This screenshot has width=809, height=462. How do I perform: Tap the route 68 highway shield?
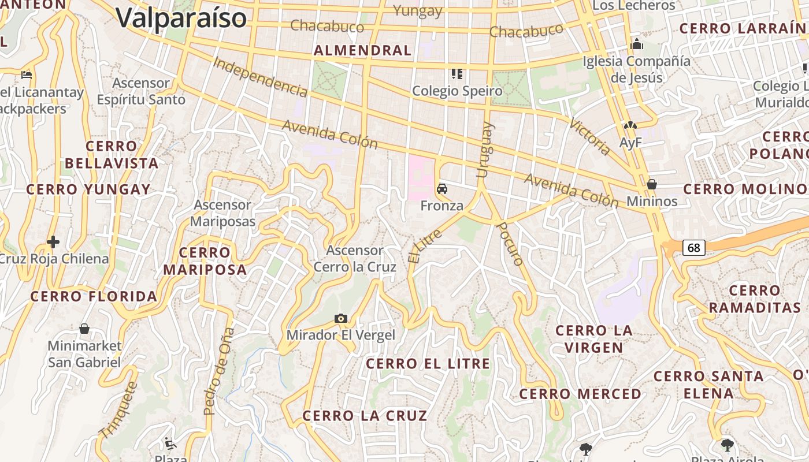pyautogui.click(x=694, y=248)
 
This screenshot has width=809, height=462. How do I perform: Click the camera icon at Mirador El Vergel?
pyautogui.click(x=341, y=318)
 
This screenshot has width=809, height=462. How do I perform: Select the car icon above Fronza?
pyautogui.click(x=442, y=189)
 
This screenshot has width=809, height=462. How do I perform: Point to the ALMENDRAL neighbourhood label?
pyautogui.click(x=362, y=50)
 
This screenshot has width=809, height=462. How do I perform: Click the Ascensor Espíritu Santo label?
pyautogui.click(x=141, y=91)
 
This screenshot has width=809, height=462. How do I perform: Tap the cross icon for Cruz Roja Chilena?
pyautogui.click(x=53, y=241)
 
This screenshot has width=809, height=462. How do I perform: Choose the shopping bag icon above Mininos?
pyautogui.click(x=652, y=184)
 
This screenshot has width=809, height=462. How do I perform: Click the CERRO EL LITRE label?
pyautogui.click(x=428, y=364)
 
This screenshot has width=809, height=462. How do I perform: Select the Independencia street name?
pyautogui.click(x=260, y=77)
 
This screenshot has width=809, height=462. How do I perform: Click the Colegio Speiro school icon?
pyautogui.click(x=457, y=74)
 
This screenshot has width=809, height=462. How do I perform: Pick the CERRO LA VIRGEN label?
pyautogui.click(x=594, y=339)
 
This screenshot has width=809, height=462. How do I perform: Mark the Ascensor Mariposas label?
pyautogui.click(x=222, y=213)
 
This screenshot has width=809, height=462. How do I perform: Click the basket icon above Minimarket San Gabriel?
pyautogui.click(x=84, y=329)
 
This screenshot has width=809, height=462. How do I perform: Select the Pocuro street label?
pyautogui.click(x=510, y=243)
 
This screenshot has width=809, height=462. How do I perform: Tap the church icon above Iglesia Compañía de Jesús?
pyautogui.click(x=637, y=44)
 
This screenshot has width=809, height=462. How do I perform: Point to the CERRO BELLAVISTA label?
pyautogui.click(x=112, y=155)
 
